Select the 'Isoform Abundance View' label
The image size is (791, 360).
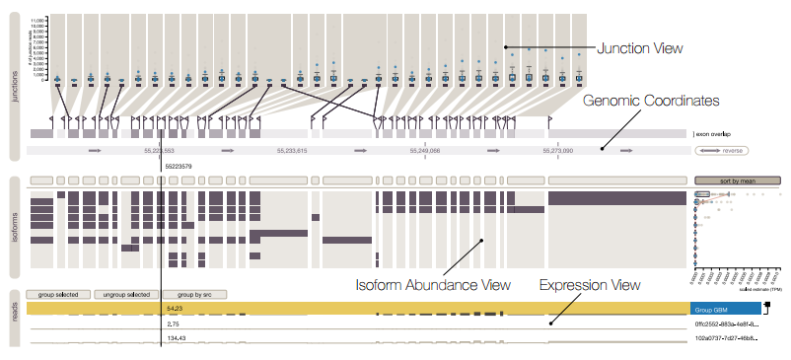(x=432, y=285)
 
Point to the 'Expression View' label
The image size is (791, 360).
(x=590, y=285)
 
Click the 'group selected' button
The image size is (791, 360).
(x=59, y=294)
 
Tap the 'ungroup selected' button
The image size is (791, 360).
(x=126, y=294)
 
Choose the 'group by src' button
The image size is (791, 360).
(x=194, y=294)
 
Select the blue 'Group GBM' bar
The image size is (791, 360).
(x=727, y=309)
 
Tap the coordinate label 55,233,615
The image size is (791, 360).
(x=292, y=151)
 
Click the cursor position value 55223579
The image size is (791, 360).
(x=179, y=166)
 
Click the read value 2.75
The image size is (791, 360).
(x=173, y=324)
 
